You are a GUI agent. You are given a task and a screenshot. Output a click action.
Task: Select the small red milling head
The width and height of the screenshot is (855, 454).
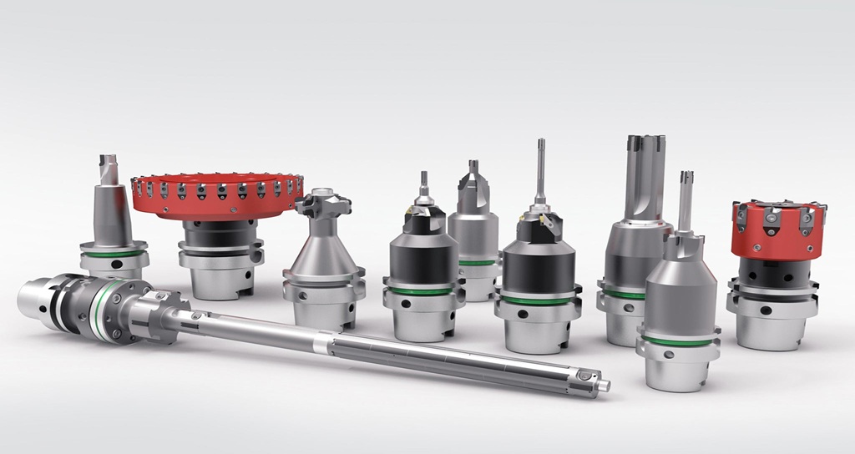pyautogui.click(x=777, y=230)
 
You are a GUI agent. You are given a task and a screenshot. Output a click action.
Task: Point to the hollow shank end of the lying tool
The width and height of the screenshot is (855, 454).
pyautogui.click(x=33, y=296)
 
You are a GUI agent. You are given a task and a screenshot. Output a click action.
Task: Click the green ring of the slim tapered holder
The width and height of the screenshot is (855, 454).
pyautogui.click(x=114, y=253)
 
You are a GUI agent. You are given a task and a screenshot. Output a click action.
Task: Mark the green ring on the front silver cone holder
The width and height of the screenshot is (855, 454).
pyautogui.click(x=677, y=341)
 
